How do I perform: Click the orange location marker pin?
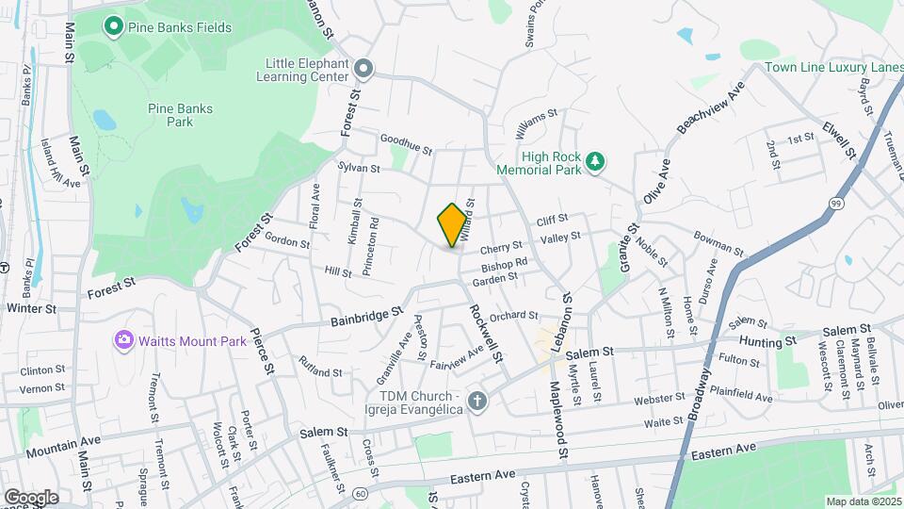coord(452,225)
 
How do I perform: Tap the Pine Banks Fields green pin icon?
coord(114,26)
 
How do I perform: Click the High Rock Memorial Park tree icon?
coord(594,162)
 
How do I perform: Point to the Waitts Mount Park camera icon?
coord(123,340)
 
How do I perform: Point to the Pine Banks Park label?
coord(180,115)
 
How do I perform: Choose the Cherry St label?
coord(501,247)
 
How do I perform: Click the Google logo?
coord(31,497)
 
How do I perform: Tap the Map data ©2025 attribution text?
coord(863,501)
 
